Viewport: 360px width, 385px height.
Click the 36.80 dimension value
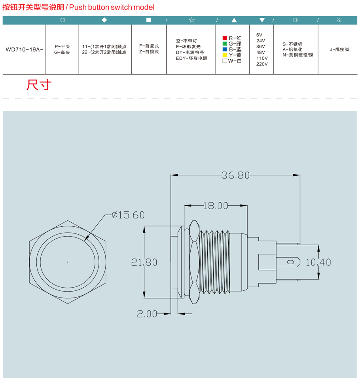(x=235, y=175)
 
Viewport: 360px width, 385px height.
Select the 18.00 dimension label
(x=216, y=206)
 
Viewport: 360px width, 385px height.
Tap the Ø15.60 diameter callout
(x=128, y=215)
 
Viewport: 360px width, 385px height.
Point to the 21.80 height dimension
(x=144, y=262)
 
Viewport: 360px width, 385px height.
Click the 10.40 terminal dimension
(x=318, y=262)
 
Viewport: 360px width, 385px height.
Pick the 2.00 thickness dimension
(x=147, y=314)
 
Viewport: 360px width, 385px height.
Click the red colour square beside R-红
(x=225, y=38)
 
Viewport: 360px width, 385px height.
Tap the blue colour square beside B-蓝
(x=225, y=49)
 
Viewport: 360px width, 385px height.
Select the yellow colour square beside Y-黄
(x=225, y=55)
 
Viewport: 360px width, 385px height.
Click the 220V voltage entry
(x=262, y=64)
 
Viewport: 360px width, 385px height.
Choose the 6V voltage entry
(x=259, y=35)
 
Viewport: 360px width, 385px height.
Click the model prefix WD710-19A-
(x=24, y=49)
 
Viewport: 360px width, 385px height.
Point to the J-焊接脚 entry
(x=339, y=49)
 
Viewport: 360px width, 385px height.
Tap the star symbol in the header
(x=191, y=20)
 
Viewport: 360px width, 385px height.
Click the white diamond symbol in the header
(x=104, y=20)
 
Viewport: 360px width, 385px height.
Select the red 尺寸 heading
(x=39, y=85)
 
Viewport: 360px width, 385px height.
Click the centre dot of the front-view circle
(x=68, y=262)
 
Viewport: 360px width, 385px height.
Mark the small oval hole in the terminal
(x=290, y=262)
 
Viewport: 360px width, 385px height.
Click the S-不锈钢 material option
(x=292, y=44)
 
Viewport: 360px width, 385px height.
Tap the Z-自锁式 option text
(x=149, y=52)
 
